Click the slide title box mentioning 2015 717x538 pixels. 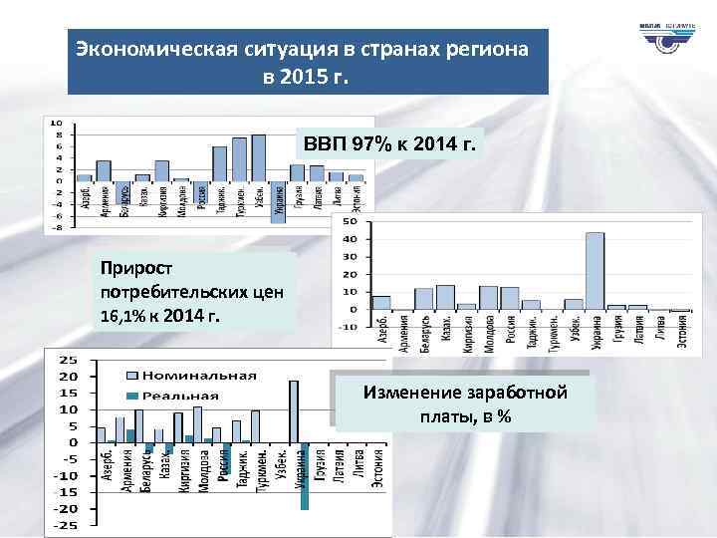tap(308, 62)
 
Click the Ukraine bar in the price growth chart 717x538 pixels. tap(595, 270)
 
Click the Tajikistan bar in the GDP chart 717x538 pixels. tap(219, 163)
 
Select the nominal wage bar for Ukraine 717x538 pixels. tap(294, 410)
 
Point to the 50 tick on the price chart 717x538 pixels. tap(351, 222)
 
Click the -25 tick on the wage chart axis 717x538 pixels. tap(68, 524)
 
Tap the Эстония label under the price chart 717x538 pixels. tap(683, 328)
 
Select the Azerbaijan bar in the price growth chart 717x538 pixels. tap(381, 302)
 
